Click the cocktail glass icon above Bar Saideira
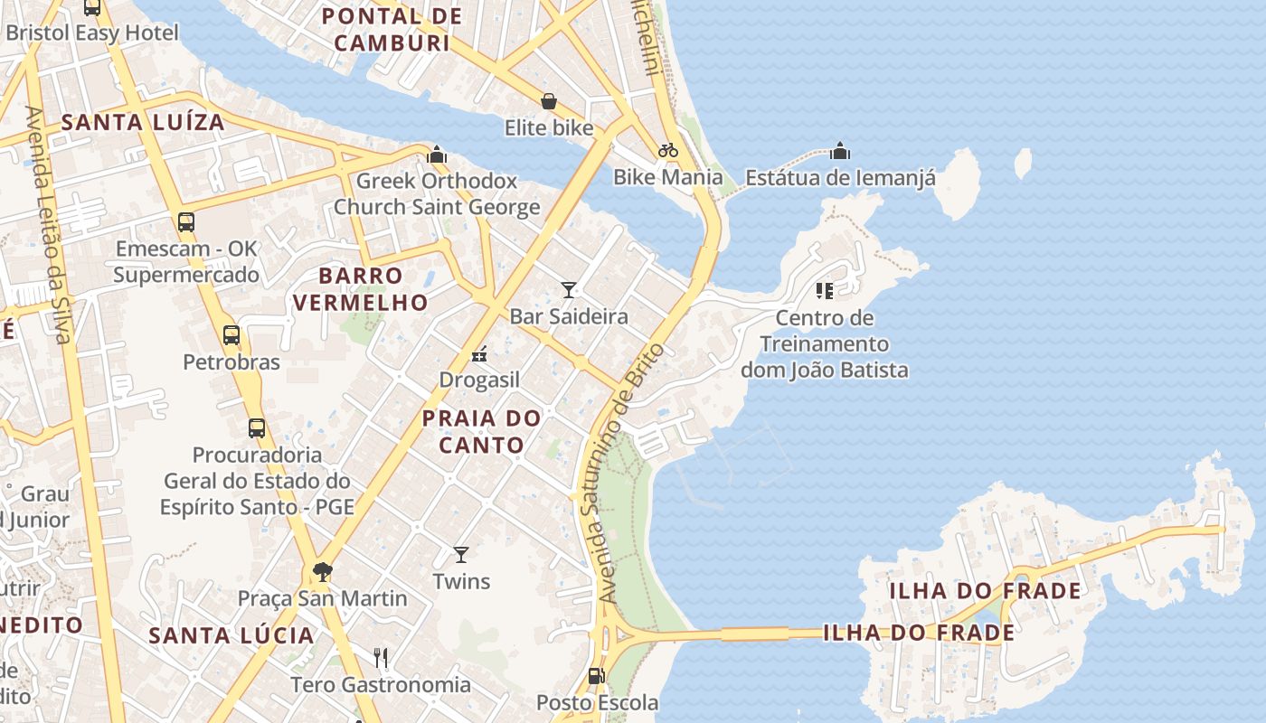pyautogui.click(x=568, y=289)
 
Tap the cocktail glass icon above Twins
pyautogui.click(x=461, y=554)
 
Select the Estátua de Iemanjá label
pyautogui.click(x=841, y=177)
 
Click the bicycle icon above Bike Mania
pyautogui.click(x=668, y=149)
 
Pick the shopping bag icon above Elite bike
pyautogui.click(x=548, y=100)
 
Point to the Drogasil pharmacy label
pyautogui.click(x=479, y=380)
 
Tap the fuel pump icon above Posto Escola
pyautogui.click(x=596, y=675)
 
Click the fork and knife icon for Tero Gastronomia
pyautogui.click(x=381, y=657)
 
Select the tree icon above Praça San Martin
pyautogui.click(x=321, y=571)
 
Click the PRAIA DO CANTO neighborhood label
pyautogui.click(x=482, y=431)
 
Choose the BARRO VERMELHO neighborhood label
pyautogui.click(x=360, y=289)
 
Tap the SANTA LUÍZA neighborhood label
pyautogui.click(x=142, y=123)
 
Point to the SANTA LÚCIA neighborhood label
pyautogui.click(x=231, y=635)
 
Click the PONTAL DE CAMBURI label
pyautogui.click(x=392, y=30)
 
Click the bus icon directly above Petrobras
pyautogui.click(x=231, y=335)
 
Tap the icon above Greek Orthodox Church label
pyautogui.click(x=438, y=155)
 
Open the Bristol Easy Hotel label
pyautogui.click(x=91, y=33)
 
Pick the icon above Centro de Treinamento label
pyautogui.click(x=824, y=290)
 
